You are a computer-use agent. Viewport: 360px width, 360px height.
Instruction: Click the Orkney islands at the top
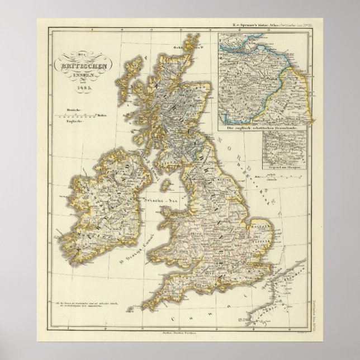coord(193,41)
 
